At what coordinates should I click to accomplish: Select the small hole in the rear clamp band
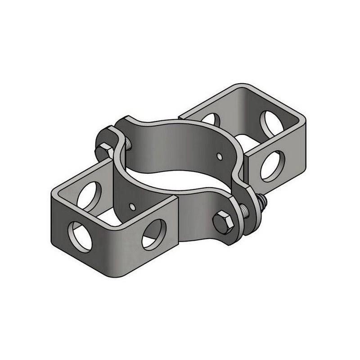coord(219,156)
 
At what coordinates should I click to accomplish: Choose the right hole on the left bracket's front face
coord(153,234)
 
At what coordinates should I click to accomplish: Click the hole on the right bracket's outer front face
coord(273,166)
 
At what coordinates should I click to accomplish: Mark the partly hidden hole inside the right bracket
coord(210,119)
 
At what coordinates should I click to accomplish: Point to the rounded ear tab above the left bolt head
coord(106,134)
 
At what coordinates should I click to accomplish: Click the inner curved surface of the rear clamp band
coord(180,144)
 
